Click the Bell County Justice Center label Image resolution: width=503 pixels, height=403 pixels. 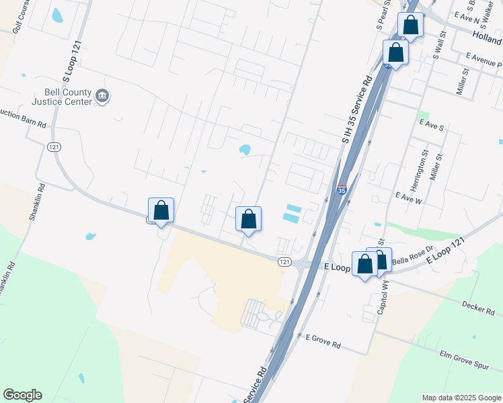61,97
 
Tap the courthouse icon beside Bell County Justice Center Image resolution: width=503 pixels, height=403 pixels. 102,97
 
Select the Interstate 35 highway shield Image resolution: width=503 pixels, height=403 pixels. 342,190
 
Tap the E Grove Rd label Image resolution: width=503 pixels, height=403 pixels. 323,343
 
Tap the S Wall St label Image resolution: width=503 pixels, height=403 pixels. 440,46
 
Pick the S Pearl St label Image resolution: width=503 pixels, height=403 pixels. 383,13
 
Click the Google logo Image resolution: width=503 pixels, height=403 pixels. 22,395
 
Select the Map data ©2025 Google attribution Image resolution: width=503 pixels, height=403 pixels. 461,398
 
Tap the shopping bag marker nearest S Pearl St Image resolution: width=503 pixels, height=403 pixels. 410,26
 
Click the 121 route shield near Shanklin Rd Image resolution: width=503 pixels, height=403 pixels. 54,147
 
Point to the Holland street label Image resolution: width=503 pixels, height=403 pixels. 487,40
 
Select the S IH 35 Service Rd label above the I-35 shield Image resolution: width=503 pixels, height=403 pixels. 356,109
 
